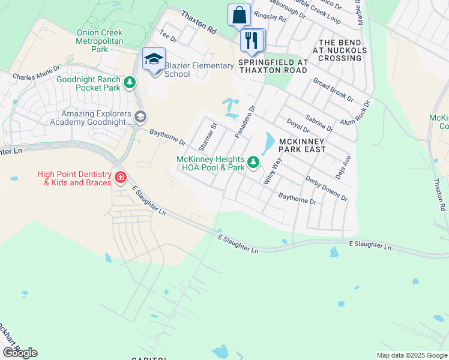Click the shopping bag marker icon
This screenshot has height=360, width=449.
239,15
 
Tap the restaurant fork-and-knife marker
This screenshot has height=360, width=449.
253,40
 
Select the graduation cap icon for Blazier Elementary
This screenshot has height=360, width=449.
154,59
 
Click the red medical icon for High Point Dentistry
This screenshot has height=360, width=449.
120,177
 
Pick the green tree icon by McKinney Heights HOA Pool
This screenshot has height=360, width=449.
254,162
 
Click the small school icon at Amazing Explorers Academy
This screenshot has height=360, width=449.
140,116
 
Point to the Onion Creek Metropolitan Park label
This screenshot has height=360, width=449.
100,41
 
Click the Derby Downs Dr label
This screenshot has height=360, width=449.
326,188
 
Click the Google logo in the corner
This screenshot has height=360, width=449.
20,352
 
